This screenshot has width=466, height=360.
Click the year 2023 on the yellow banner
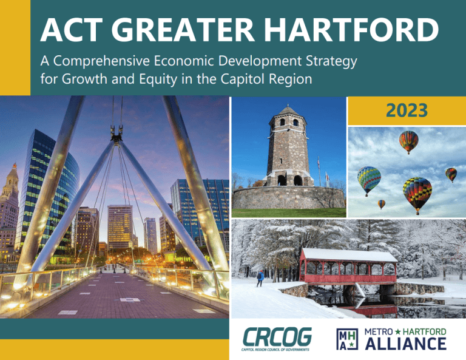pyautogui.click(x=407, y=110)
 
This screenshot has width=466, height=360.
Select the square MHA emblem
pyautogui.click(x=347, y=338)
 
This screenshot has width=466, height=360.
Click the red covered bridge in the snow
pyautogui.click(x=348, y=270)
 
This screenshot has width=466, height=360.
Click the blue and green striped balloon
pyautogui.click(x=368, y=180)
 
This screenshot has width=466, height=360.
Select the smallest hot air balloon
pyautogui.click(x=381, y=205)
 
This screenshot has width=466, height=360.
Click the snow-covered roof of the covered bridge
pyautogui.click(x=348, y=255)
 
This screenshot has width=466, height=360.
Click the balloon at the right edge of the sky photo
pyautogui.click(x=451, y=175)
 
